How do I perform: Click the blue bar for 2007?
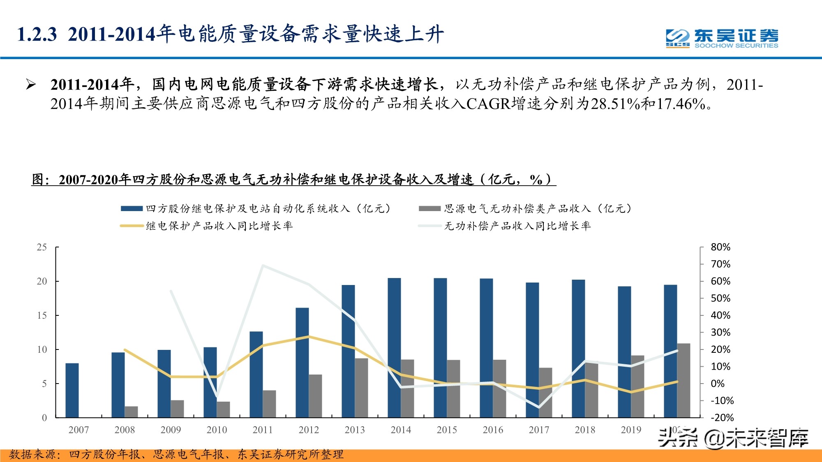click(72, 390)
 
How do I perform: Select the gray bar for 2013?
click(361, 388)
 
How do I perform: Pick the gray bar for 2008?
click(131, 411)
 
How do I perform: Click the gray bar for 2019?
click(637, 386)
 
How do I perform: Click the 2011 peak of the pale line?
click(263, 266)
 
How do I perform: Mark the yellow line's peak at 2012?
click(309, 337)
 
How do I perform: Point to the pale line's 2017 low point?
click(539, 407)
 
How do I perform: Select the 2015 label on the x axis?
click(447, 430)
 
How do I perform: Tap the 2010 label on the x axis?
click(217, 430)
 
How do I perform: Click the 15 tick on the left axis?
click(42, 315)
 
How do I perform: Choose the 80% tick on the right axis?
click(720, 247)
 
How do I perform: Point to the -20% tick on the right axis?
click(722, 418)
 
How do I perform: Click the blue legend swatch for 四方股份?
click(132, 209)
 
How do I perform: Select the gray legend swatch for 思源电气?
click(429, 209)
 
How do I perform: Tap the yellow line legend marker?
click(132, 226)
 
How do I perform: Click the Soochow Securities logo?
click(722, 38)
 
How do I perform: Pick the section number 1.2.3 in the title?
click(37, 34)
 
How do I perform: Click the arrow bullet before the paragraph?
click(31, 85)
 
